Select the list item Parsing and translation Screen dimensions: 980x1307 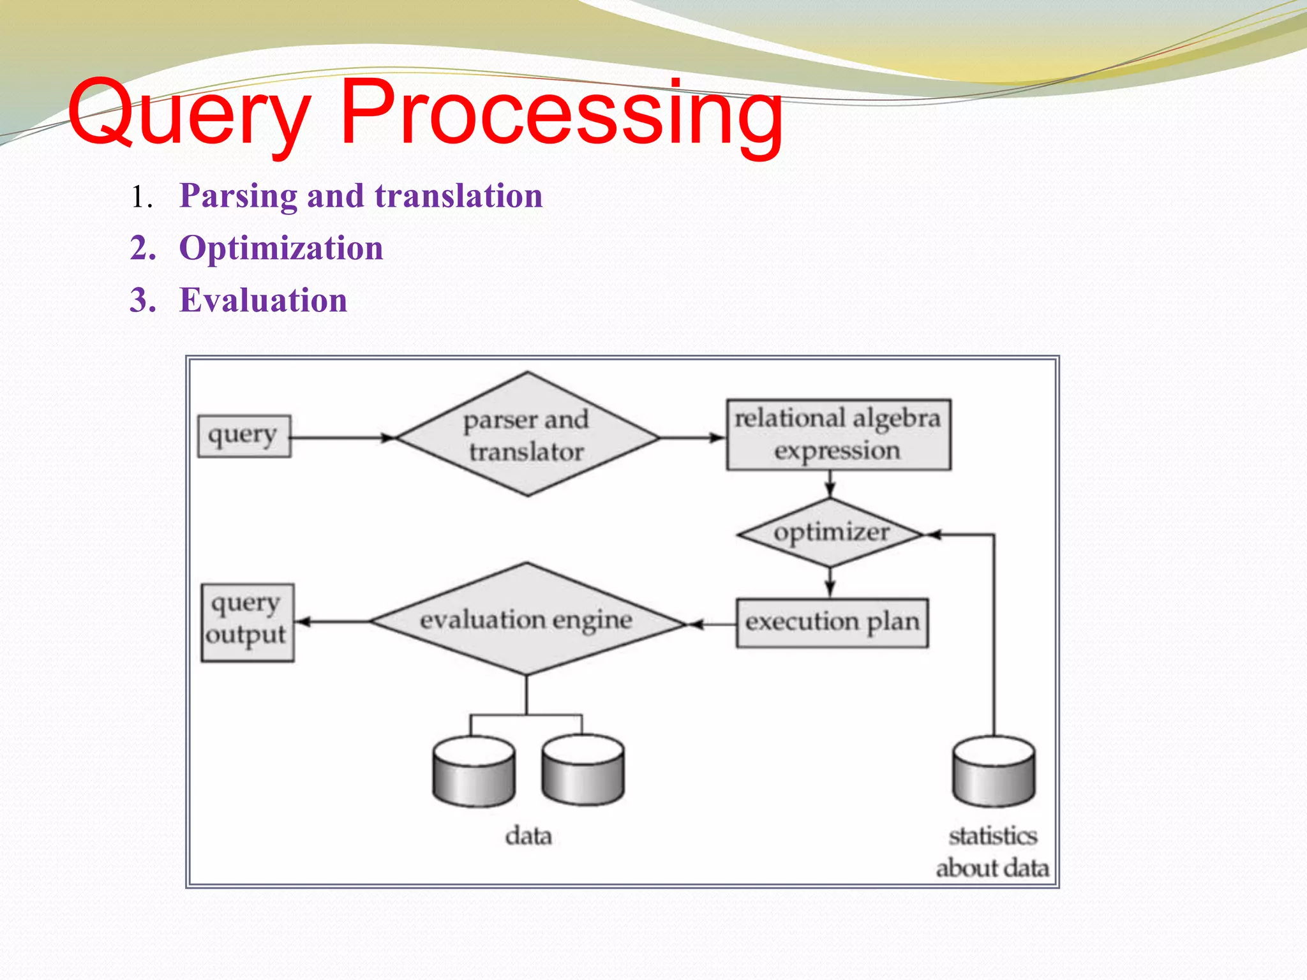coord(361,195)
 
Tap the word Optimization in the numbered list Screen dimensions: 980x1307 coord(281,248)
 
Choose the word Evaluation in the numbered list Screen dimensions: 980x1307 coord(263,300)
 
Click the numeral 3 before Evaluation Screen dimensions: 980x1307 coord(142,300)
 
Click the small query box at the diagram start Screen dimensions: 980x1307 coord(244,436)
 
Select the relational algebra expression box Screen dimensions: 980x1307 coord(838,435)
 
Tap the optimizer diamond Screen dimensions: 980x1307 coord(830,533)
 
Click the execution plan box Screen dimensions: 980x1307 coord(832,623)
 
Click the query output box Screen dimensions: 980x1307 coord(247,622)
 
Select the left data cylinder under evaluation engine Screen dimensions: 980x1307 coord(474,772)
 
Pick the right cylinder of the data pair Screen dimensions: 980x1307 coord(583,771)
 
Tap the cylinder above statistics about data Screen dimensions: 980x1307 coord(994,772)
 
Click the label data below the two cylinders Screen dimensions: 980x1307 coord(528,836)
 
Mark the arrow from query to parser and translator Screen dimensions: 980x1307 coord(341,438)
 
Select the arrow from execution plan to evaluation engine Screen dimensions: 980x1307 coord(712,624)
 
